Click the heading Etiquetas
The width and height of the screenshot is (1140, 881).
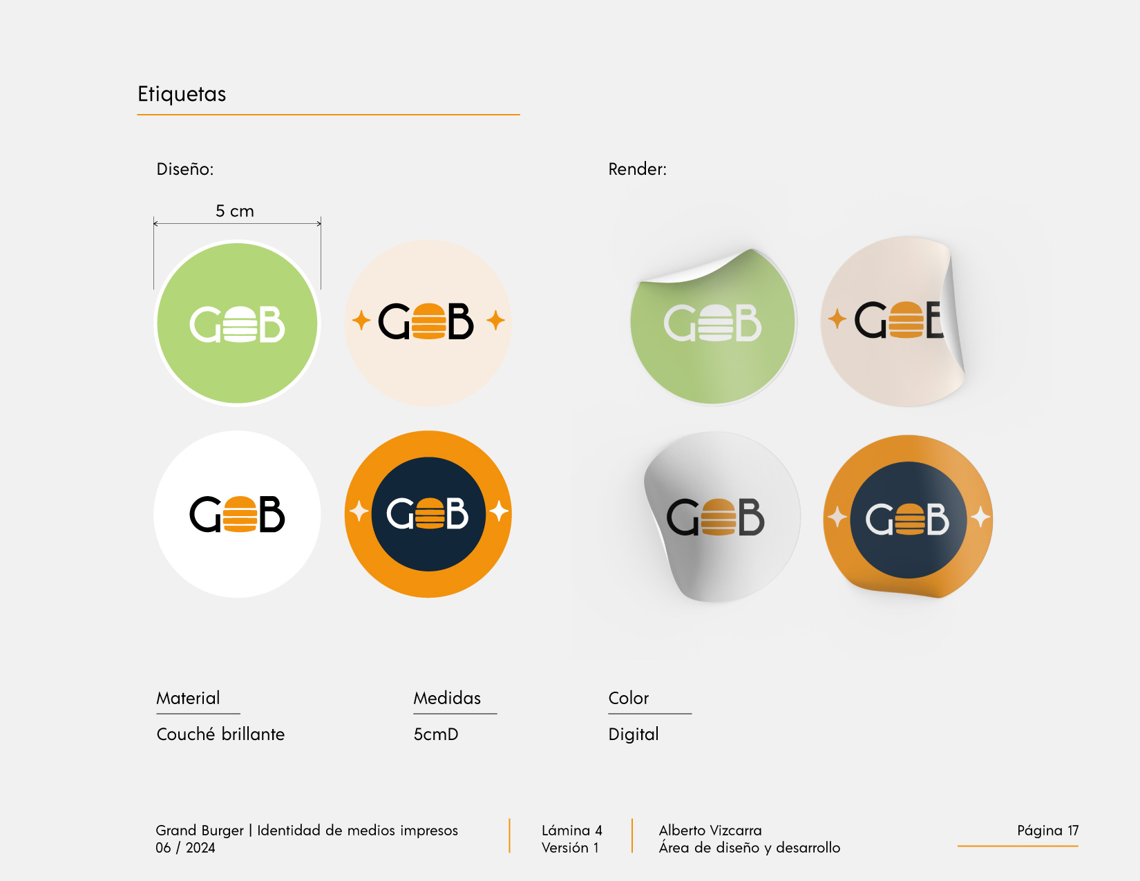(182, 95)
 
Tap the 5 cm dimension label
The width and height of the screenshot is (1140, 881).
(234, 211)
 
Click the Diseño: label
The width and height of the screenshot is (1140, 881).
(185, 169)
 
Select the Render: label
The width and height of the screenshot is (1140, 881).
(638, 169)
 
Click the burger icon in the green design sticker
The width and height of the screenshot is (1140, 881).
(240, 324)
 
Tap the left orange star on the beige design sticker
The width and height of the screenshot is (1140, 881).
(361, 320)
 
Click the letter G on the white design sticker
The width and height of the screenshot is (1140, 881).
(205, 514)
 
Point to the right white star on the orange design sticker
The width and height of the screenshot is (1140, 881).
(498, 511)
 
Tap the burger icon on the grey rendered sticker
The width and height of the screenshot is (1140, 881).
(718, 517)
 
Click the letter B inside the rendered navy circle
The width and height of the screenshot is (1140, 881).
(938, 520)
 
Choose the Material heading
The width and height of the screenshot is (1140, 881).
(188, 698)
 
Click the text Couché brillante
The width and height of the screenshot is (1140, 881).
(220, 734)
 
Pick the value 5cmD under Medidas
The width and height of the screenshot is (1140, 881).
(436, 734)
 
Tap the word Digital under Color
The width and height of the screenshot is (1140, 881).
(633, 734)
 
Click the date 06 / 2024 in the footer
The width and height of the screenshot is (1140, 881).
(185, 848)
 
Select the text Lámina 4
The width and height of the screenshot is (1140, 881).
(572, 830)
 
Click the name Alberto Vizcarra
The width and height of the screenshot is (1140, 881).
(710, 830)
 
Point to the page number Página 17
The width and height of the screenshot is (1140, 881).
(1047, 830)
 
